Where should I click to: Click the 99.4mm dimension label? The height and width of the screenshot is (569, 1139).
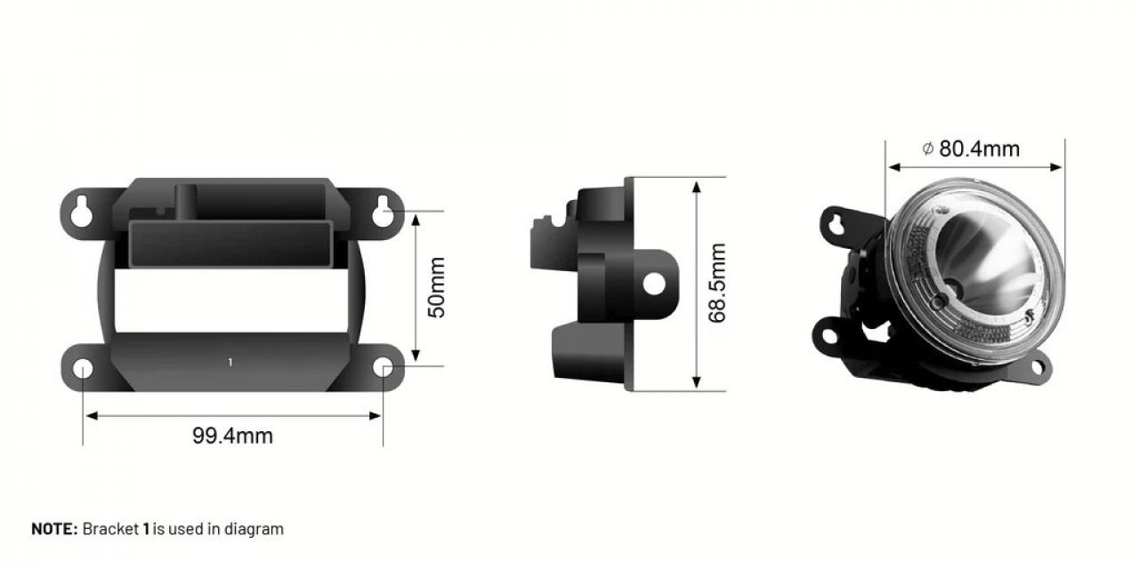pyautogui.click(x=232, y=436)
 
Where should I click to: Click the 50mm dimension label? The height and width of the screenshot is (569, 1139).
pyautogui.click(x=436, y=288)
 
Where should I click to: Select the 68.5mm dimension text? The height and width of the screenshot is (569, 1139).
pyautogui.click(x=718, y=283)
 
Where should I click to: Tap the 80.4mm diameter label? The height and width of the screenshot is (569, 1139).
pyautogui.click(x=979, y=148)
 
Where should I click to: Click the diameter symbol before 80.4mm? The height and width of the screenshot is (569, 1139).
pyautogui.click(x=927, y=148)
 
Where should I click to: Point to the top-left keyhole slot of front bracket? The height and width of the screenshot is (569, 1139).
pyautogui.click(x=81, y=209)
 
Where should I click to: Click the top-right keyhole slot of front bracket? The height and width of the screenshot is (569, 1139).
pyautogui.click(x=384, y=209)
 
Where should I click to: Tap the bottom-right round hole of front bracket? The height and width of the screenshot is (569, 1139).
pyautogui.click(x=383, y=368)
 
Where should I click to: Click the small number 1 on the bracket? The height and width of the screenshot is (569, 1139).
pyautogui.click(x=230, y=362)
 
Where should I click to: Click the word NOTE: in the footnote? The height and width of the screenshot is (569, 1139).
pyautogui.click(x=55, y=529)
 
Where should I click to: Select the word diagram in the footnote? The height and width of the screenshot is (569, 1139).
pyautogui.click(x=253, y=529)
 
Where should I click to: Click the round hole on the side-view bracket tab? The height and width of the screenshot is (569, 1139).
pyautogui.click(x=655, y=284)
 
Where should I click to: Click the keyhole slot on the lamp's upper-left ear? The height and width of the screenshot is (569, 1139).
pyautogui.click(x=836, y=220)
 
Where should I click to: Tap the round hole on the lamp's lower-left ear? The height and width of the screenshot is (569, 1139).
pyautogui.click(x=830, y=336)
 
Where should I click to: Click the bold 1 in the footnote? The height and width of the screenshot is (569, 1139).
pyautogui.click(x=146, y=529)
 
